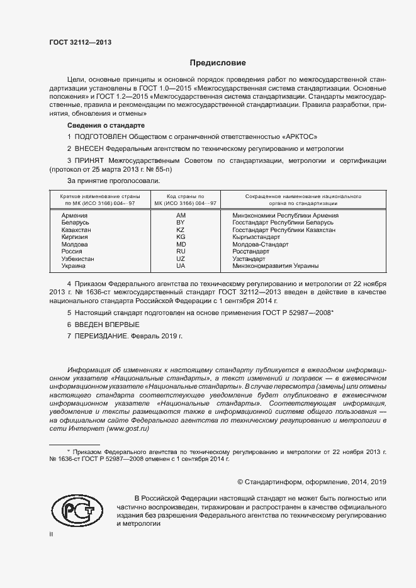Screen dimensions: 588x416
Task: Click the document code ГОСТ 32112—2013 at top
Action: coord(80,42)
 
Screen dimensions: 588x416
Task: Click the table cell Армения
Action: coord(75,215)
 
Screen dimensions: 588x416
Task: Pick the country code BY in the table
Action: coord(181,223)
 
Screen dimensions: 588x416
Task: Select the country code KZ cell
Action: coord(181,230)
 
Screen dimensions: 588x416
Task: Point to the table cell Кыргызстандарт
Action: coord(256,237)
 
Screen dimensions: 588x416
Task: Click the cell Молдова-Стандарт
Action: coord(259,245)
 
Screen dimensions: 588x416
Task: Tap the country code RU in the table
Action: coord(181,252)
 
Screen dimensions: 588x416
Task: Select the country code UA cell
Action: coord(181,266)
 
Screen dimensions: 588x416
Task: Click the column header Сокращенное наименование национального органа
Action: coord(298,200)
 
